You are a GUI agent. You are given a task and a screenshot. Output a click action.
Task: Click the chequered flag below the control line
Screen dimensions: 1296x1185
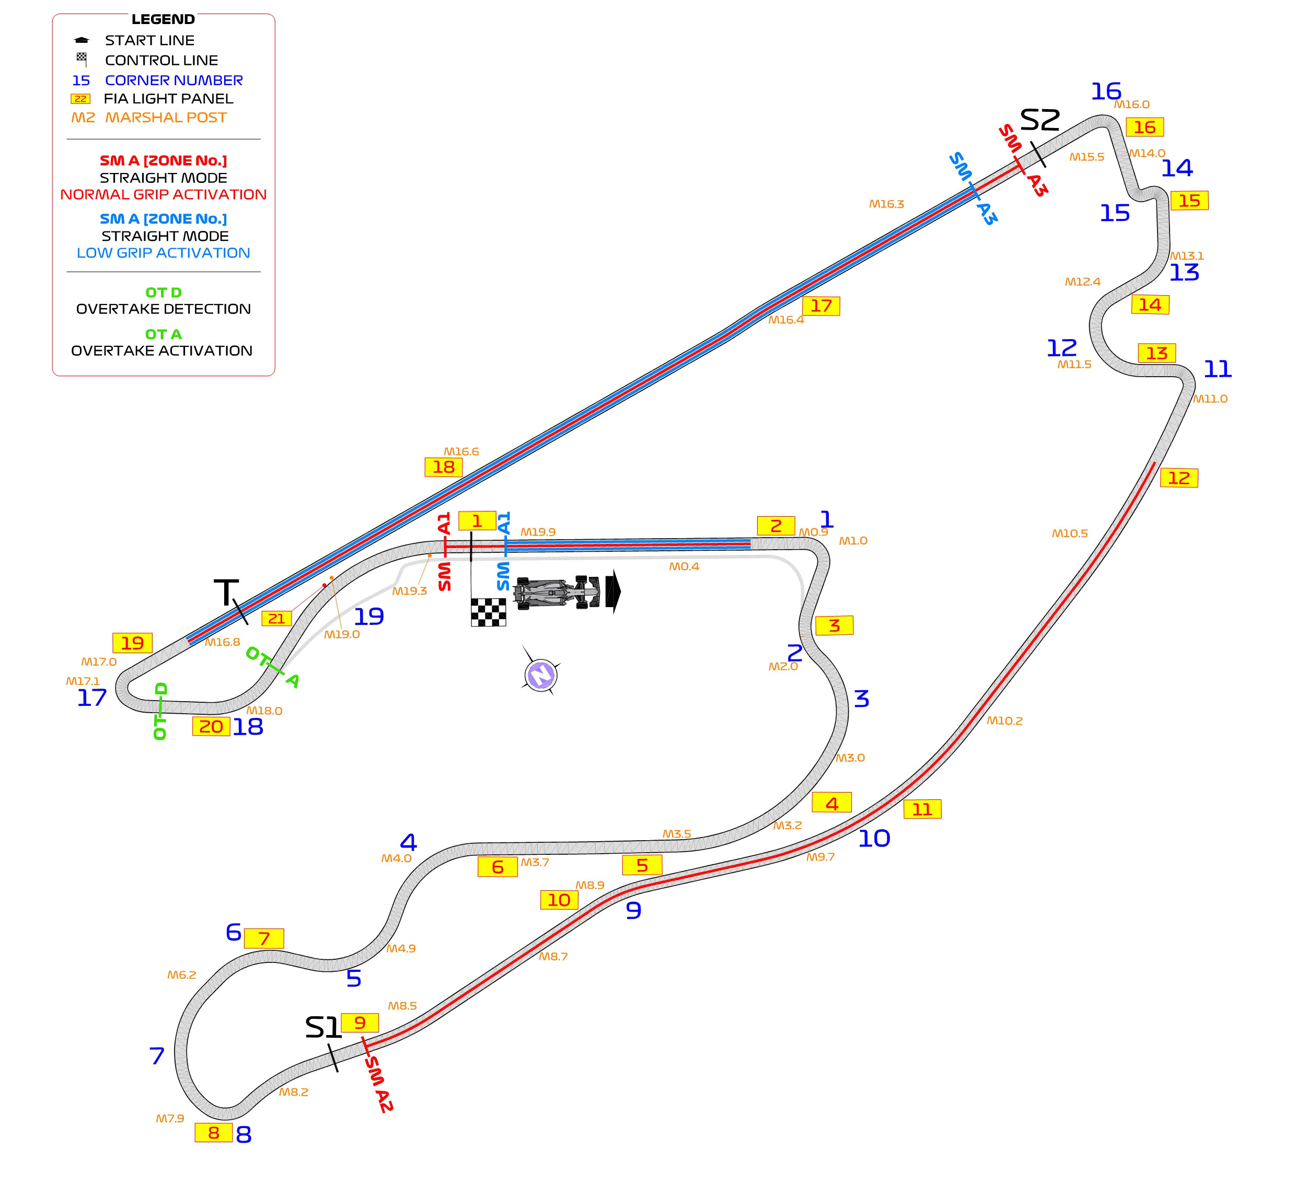point(489,612)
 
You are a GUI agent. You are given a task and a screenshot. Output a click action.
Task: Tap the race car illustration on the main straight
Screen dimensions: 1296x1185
point(559,592)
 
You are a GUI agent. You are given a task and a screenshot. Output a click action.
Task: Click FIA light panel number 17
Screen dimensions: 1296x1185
point(821,306)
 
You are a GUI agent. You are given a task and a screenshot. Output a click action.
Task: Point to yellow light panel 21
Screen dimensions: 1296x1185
point(276,619)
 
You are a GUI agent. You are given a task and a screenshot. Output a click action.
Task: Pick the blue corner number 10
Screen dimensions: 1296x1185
point(874,839)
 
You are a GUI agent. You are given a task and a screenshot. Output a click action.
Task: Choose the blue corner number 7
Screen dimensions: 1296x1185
point(157,1056)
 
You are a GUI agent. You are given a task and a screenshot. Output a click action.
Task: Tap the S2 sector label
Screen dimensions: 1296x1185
point(1040,120)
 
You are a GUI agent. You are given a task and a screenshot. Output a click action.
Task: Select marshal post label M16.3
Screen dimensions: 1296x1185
point(886,204)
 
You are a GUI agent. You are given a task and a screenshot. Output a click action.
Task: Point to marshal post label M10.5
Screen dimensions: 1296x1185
point(1070,533)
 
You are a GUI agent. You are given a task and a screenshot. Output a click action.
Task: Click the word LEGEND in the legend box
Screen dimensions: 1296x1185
point(163,19)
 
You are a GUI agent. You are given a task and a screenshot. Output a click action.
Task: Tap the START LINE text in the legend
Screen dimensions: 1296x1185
point(150,40)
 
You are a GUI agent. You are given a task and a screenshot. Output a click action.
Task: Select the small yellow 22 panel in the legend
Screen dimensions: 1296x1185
point(80,99)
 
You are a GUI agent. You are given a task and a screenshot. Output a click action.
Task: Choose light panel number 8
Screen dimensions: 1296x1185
point(213,1133)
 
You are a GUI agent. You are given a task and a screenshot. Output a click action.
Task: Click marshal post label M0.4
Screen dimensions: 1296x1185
point(684,566)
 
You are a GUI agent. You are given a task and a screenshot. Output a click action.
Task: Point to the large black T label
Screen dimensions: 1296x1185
point(226,592)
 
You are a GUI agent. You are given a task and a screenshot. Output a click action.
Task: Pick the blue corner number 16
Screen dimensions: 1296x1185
point(1106,91)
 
